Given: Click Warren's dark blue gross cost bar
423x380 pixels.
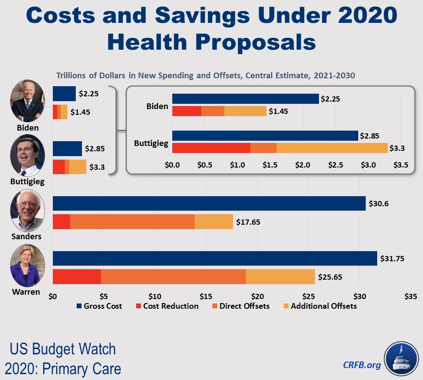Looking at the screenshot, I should click(215, 258).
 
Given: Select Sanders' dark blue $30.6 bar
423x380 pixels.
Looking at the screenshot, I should click(209, 203).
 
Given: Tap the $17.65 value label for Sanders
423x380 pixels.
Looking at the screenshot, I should click(248, 222).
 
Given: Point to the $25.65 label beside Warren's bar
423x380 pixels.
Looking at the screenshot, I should click(330, 277).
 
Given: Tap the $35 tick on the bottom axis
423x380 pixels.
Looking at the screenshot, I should click(410, 296).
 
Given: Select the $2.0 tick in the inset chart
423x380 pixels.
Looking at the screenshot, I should click(303, 165).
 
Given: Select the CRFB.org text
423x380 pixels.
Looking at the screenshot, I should click(362, 365).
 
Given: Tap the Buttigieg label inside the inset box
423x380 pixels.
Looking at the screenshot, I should click(151, 143).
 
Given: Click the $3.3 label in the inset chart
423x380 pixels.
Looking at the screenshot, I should click(397, 148).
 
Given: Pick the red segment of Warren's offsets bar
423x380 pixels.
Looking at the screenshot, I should click(77, 277).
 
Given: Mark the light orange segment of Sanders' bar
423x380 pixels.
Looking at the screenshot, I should click(214, 222).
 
